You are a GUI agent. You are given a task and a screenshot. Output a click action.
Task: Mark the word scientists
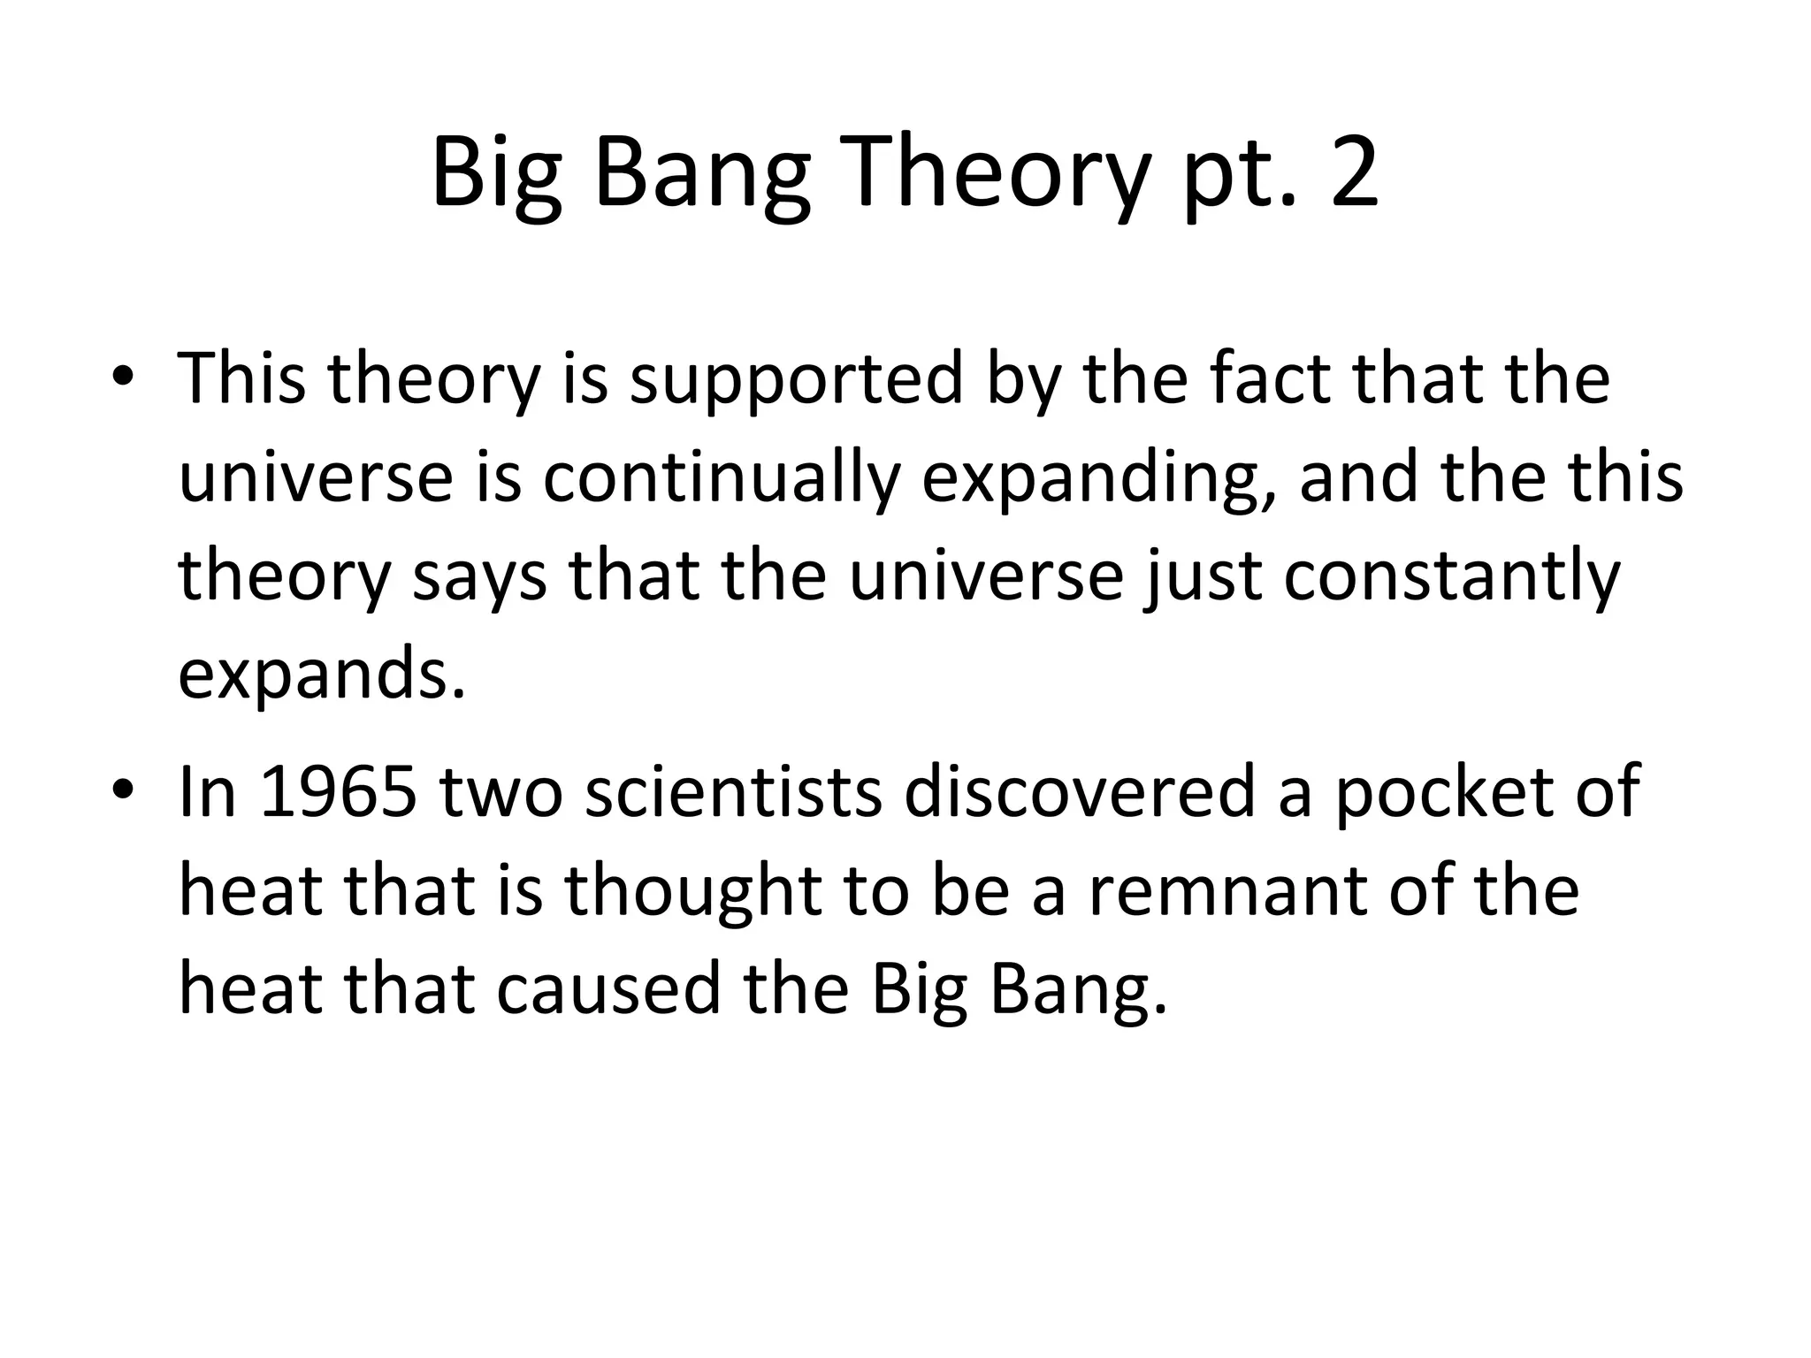(734, 791)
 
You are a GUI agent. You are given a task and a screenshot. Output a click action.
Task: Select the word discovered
(1080, 791)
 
